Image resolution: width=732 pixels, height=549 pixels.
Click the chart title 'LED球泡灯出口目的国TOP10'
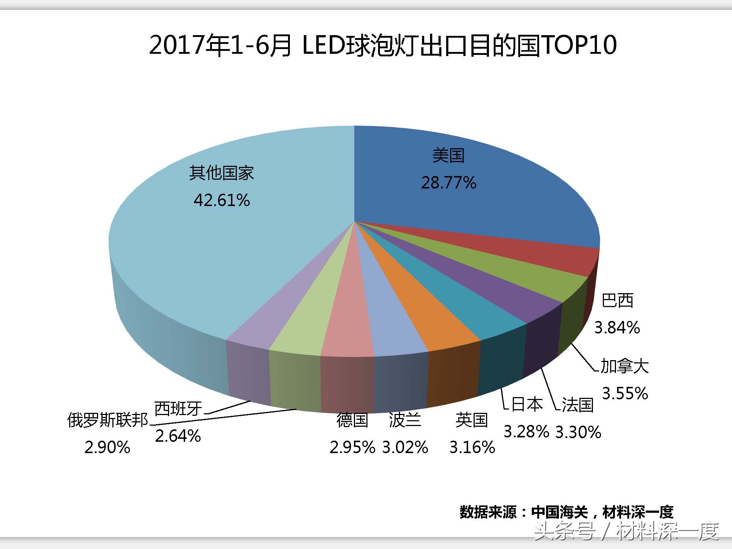[x=383, y=45]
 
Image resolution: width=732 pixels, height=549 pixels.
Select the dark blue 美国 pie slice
[x=476, y=205]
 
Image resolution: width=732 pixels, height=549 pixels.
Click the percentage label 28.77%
[x=449, y=183]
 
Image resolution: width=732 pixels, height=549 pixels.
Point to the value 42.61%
[x=222, y=200]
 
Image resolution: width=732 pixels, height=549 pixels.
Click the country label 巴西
[x=617, y=300]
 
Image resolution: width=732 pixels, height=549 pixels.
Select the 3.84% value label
[x=617, y=327]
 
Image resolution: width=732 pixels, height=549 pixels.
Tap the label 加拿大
[x=625, y=366]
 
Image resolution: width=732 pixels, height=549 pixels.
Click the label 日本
[x=527, y=404]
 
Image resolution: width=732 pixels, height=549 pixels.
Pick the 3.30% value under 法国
[x=578, y=432]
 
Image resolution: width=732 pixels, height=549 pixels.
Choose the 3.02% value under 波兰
[x=405, y=447]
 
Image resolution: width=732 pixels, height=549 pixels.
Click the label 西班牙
[x=178, y=408]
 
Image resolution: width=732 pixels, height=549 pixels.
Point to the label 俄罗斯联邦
[x=108, y=420]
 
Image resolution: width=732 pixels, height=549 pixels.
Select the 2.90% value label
[x=107, y=447]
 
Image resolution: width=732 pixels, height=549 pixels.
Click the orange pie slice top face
[x=425, y=311]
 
